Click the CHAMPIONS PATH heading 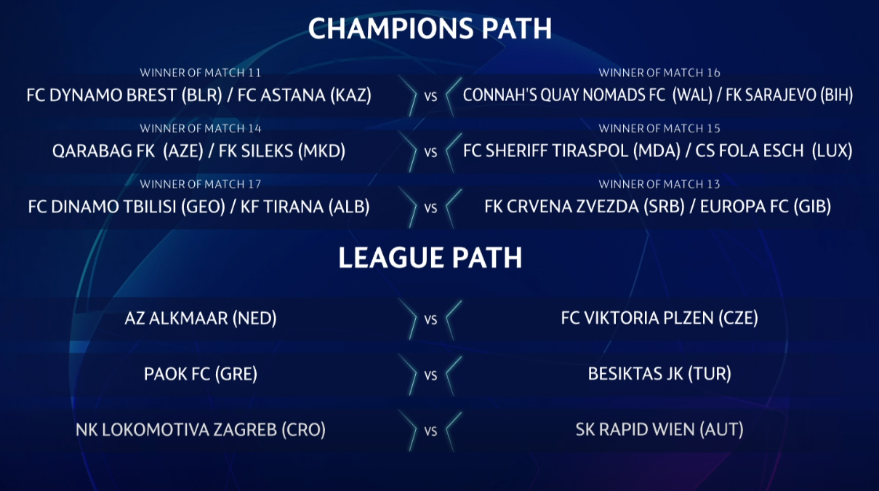pyautogui.click(x=430, y=28)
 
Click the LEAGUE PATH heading pyautogui.click(x=430, y=258)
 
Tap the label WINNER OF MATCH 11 pyautogui.click(x=201, y=73)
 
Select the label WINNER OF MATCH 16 pyautogui.click(x=659, y=73)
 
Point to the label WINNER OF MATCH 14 pyautogui.click(x=201, y=128)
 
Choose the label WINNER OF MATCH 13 pyautogui.click(x=659, y=184)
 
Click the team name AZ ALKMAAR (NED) pyautogui.click(x=201, y=319)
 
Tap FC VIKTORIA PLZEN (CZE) pyautogui.click(x=659, y=319)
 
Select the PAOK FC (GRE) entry pyautogui.click(x=201, y=374)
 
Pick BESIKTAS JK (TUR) pyautogui.click(x=659, y=374)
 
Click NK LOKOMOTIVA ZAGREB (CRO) pyautogui.click(x=201, y=430)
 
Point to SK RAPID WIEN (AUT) pyautogui.click(x=659, y=430)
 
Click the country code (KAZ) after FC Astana pyautogui.click(x=351, y=95)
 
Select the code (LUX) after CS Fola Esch pyautogui.click(x=832, y=151)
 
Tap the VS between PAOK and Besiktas pyautogui.click(x=430, y=375)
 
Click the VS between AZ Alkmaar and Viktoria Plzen pyautogui.click(x=430, y=320)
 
